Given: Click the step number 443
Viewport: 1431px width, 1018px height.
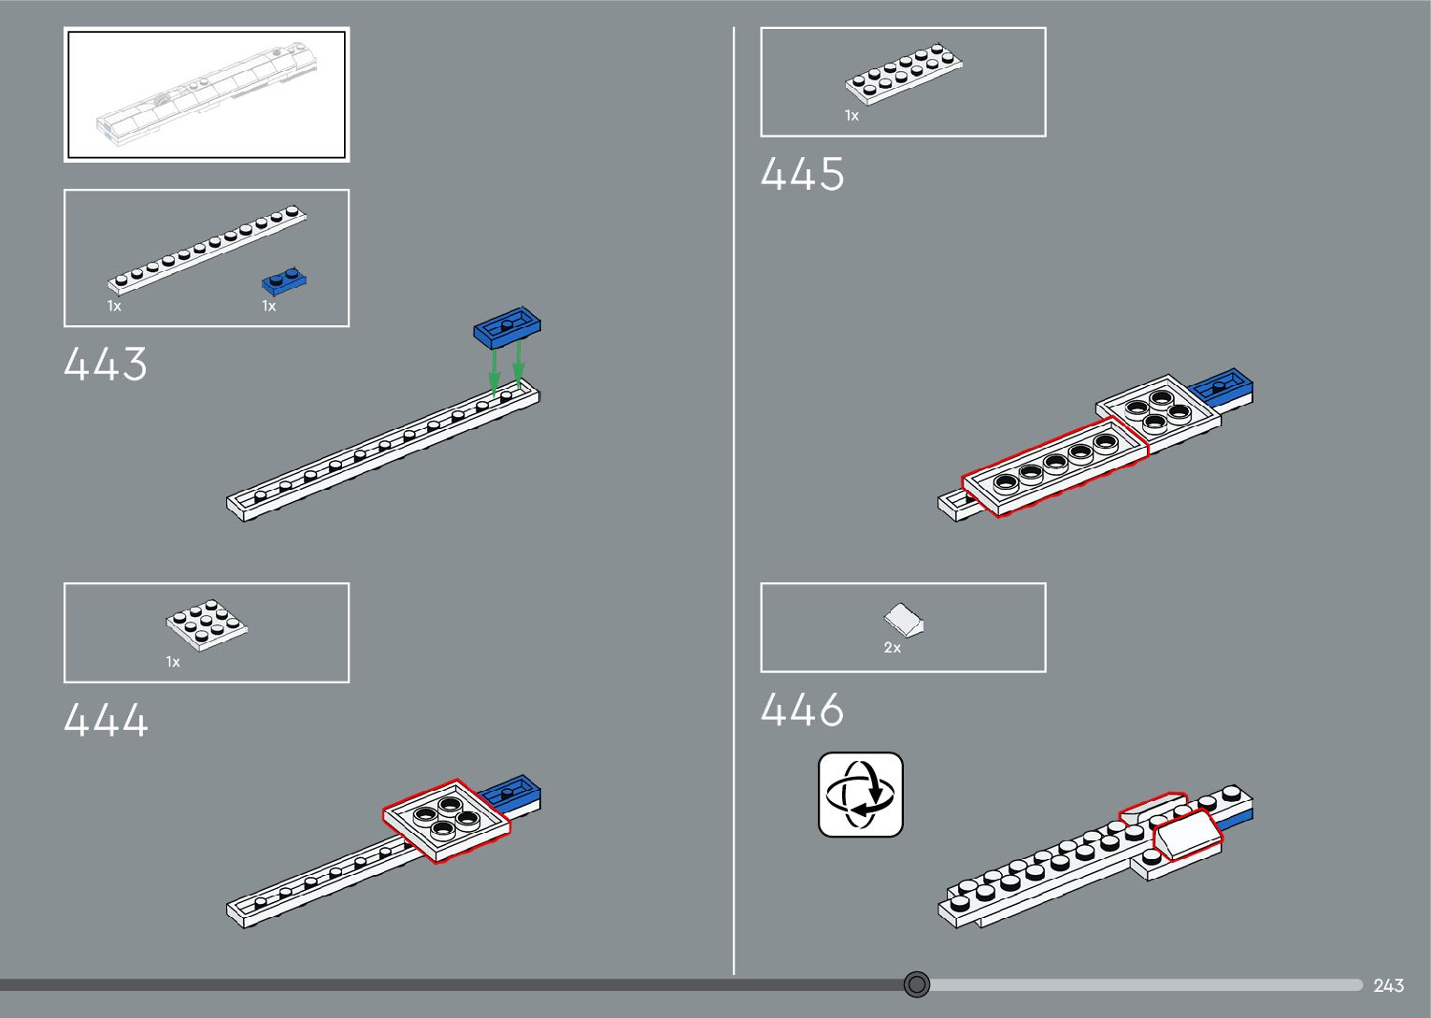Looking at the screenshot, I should pyautogui.click(x=106, y=364).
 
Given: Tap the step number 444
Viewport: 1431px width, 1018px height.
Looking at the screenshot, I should pyautogui.click(x=106, y=721).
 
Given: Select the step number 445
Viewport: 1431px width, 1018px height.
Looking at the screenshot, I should pyautogui.click(x=802, y=175).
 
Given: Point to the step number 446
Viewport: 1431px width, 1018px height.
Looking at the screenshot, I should pyautogui.click(x=802, y=710).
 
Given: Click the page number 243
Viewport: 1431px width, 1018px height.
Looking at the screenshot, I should pyautogui.click(x=1389, y=985).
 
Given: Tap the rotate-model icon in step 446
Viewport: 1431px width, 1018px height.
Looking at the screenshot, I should pyautogui.click(x=861, y=795).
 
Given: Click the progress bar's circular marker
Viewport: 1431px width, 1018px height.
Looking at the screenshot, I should pyautogui.click(x=917, y=984).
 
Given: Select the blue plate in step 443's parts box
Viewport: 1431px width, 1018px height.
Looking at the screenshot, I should pyautogui.click(x=284, y=280).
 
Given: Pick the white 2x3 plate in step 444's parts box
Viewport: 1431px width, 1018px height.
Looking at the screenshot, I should pyautogui.click(x=207, y=624).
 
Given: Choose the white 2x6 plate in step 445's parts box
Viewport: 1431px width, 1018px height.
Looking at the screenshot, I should pyautogui.click(x=904, y=73).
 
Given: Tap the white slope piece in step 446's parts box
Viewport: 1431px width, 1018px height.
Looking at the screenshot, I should pyautogui.click(x=905, y=618).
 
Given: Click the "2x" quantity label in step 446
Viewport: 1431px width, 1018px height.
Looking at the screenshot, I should pyautogui.click(x=893, y=648).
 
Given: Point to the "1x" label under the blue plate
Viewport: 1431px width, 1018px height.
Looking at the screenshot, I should pyautogui.click(x=269, y=307).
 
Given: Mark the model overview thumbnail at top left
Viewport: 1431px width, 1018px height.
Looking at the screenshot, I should pyautogui.click(x=207, y=94).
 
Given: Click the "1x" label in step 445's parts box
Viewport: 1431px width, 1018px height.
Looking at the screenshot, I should pyautogui.click(x=851, y=116).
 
